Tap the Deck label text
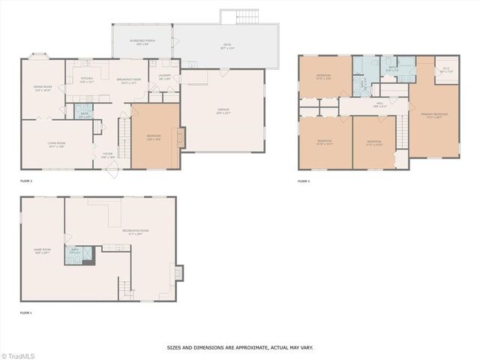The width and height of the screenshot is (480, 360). [x=226, y=45]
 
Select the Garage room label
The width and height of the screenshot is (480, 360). [x=223, y=112]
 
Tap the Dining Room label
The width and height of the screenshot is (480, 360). [x=42, y=88]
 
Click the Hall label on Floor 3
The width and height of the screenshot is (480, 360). [x=379, y=103]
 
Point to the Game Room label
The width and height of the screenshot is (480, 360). [x=42, y=250]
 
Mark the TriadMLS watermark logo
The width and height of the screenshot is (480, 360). [x=18, y=355]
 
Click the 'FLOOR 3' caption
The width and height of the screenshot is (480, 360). [x=304, y=181]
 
